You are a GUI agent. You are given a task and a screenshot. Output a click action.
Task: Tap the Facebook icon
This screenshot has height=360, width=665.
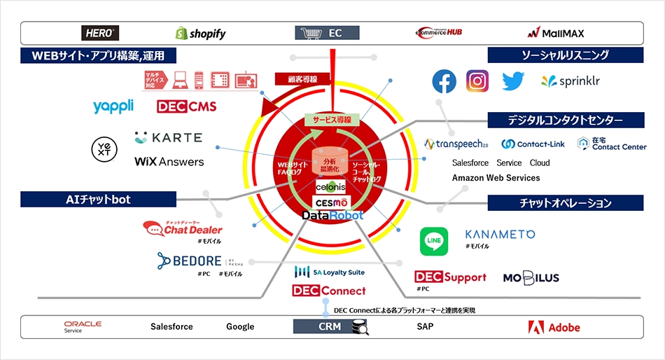click(444, 81)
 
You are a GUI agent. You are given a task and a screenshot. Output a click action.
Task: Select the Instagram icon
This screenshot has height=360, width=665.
click(477, 81)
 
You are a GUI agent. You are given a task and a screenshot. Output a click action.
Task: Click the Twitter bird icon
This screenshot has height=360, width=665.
click(512, 81)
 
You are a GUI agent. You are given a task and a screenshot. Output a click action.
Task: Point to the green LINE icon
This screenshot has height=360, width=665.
click(434, 242)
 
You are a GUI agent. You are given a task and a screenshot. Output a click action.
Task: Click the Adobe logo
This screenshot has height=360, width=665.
click(554, 327)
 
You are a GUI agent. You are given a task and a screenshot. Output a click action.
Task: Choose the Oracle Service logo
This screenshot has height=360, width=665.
click(83, 327)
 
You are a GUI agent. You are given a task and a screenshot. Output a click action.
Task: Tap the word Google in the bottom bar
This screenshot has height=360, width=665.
click(240, 327)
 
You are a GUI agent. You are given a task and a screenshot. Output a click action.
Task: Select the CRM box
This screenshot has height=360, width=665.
click(328, 326)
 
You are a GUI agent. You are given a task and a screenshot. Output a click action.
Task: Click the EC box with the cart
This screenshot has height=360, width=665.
click(328, 33)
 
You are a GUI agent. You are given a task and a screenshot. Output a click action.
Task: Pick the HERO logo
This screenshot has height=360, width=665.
click(100, 33)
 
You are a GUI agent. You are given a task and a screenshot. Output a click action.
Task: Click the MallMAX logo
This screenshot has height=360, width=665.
click(556, 33)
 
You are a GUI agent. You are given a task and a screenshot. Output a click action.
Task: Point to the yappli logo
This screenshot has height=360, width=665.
click(114, 106)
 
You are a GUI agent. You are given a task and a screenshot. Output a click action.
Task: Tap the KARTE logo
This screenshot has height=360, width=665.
click(168, 138)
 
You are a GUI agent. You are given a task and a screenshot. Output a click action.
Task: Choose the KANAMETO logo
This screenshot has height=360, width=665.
click(500, 235)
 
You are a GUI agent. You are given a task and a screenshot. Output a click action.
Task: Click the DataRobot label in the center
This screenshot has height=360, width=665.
click(332, 216)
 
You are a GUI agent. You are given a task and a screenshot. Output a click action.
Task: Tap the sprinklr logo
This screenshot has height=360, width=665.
click(570, 81)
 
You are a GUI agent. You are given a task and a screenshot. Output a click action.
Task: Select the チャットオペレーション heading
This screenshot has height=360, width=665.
click(566, 203)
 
